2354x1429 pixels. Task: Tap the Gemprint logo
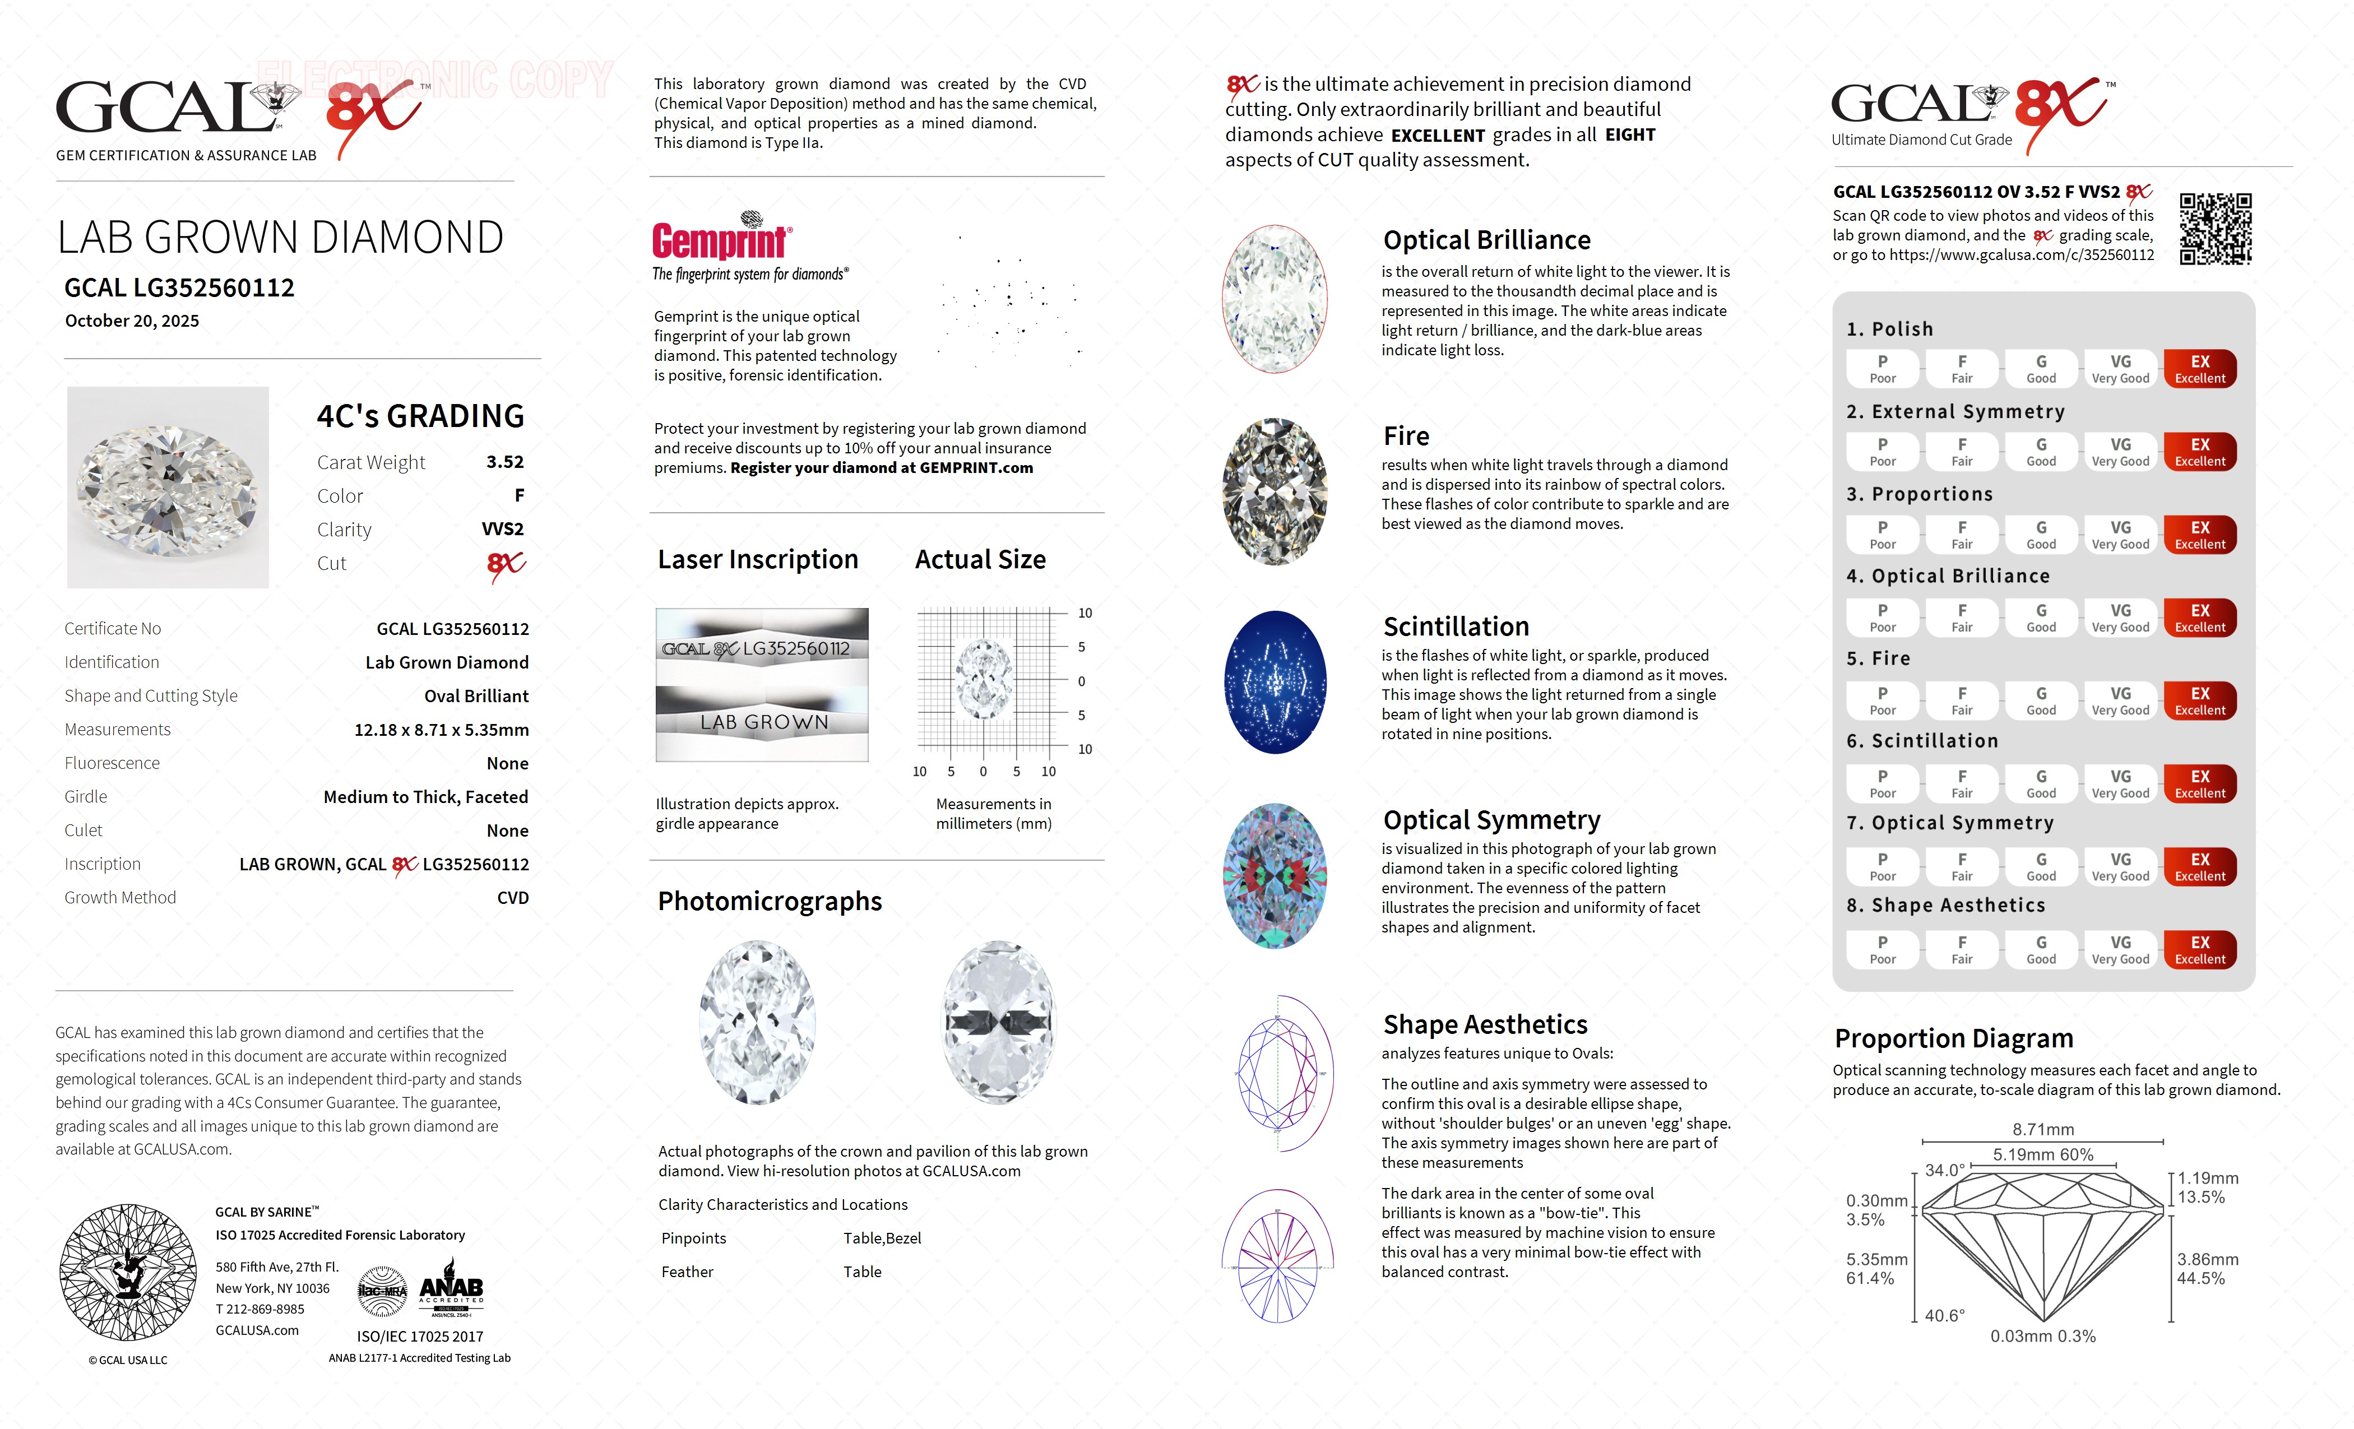pos(721,241)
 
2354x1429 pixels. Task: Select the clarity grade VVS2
pos(503,529)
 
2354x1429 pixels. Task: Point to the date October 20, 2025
pos(132,321)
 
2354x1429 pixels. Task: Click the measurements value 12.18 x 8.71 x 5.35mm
pos(441,730)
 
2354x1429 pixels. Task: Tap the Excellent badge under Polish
pos(2199,369)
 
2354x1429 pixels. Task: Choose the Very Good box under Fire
pos(2120,700)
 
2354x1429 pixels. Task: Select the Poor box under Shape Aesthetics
pos(1882,949)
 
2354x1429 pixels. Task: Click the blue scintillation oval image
pos(1276,682)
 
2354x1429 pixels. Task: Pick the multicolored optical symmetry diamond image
pos(1276,876)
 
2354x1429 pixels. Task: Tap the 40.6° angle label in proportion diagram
pos(1944,1315)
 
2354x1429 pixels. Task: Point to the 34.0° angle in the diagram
pos(1944,1170)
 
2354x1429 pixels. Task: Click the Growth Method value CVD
pos(512,898)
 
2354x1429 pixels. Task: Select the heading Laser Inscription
pos(758,560)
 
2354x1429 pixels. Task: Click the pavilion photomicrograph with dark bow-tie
pos(998,1022)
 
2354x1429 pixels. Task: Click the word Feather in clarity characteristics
pos(687,1272)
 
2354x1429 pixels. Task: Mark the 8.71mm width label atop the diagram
pos(2042,1129)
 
